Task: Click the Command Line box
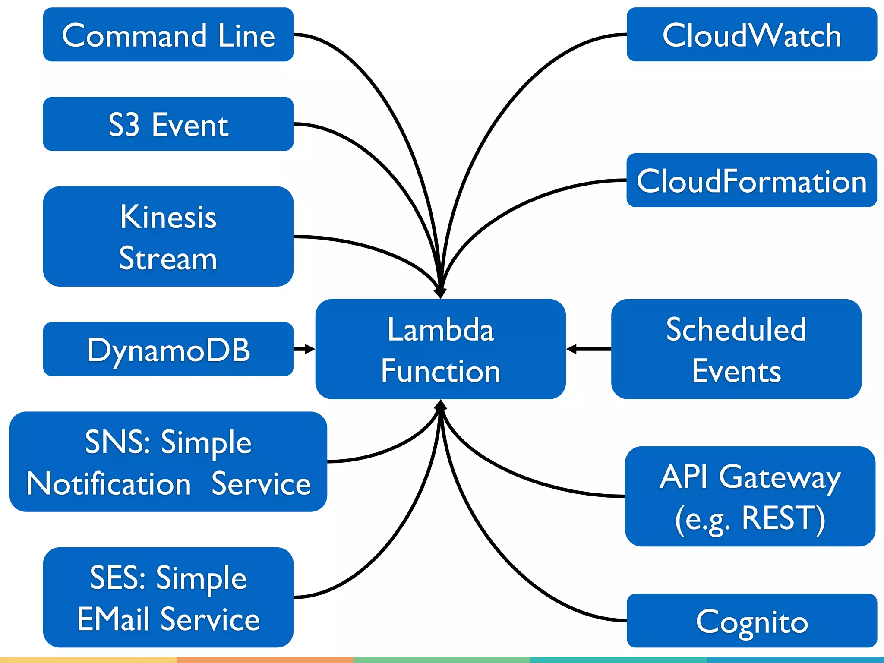[x=168, y=35]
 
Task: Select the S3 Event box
[x=168, y=124]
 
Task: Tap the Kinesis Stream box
[x=168, y=237]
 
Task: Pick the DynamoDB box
[x=168, y=349]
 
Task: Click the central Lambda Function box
[x=440, y=349]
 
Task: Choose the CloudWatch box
[x=751, y=35]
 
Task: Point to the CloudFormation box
[x=751, y=180]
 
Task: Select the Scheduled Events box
[x=736, y=349]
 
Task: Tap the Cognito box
[x=751, y=621]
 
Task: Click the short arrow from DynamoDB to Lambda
[x=304, y=349]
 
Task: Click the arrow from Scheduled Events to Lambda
[x=588, y=349]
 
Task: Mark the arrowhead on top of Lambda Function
[x=440, y=293]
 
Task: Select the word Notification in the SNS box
[x=109, y=483]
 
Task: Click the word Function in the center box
[x=440, y=371]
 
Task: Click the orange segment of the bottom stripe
[x=265, y=660]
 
